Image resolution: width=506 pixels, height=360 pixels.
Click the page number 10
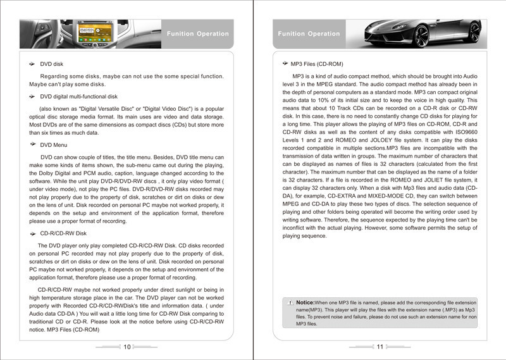coord(127,347)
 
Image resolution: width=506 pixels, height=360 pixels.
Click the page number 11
coord(380,347)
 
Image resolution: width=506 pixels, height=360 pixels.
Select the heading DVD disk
coord(51,65)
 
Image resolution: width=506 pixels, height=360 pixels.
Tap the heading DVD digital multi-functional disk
coord(78,97)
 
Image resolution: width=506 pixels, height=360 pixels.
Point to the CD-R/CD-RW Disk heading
coord(63,233)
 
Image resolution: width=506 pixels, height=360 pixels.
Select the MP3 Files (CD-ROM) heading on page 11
coord(316,64)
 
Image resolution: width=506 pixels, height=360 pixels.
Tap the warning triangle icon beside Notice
coord(290,303)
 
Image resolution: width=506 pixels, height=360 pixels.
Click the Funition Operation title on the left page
coord(197,34)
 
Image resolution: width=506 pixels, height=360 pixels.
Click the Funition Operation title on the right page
coord(309,34)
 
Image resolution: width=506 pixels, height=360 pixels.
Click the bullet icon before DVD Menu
coord(32,145)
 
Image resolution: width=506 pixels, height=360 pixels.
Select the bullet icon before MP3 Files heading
coord(285,64)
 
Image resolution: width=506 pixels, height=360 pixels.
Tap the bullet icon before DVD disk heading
coord(32,65)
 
